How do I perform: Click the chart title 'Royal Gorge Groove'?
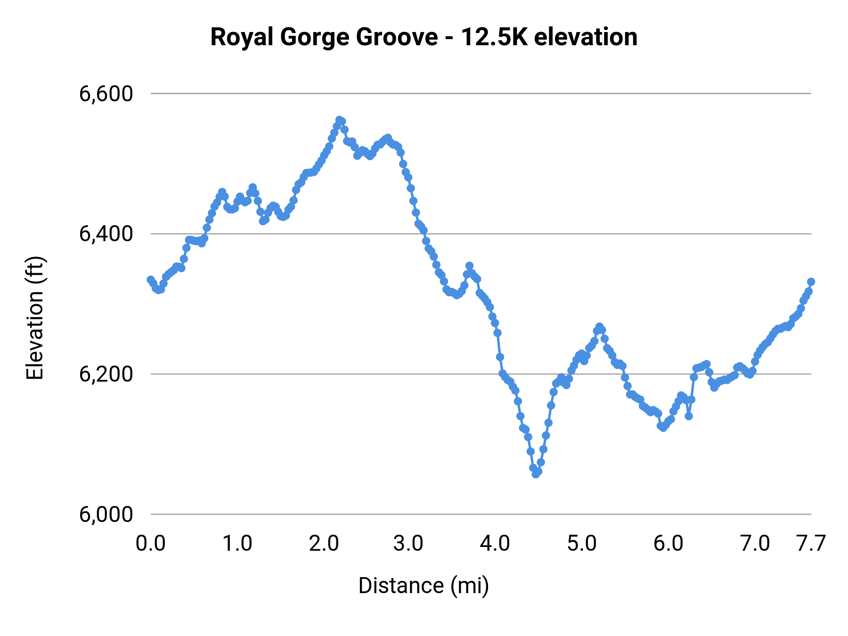click(424, 37)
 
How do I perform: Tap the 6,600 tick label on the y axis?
click(106, 94)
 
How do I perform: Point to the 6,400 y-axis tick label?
click(106, 234)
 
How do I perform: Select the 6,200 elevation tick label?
click(106, 374)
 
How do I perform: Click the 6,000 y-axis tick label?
click(106, 514)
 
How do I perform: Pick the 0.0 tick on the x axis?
click(151, 544)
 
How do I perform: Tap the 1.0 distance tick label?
click(237, 544)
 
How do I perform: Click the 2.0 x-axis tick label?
click(324, 544)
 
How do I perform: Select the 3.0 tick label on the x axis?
click(408, 544)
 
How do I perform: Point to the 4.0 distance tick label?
click(495, 544)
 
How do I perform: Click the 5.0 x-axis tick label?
click(581, 544)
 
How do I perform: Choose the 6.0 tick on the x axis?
click(668, 544)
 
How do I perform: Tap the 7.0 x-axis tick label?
click(755, 544)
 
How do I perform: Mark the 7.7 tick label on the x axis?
click(811, 544)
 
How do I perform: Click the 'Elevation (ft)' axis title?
click(35, 318)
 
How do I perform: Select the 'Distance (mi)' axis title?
click(424, 586)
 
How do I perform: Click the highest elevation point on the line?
click(339, 120)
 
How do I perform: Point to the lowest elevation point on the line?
click(536, 474)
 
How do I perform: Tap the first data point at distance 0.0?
click(151, 280)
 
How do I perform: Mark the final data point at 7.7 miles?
click(811, 282)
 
